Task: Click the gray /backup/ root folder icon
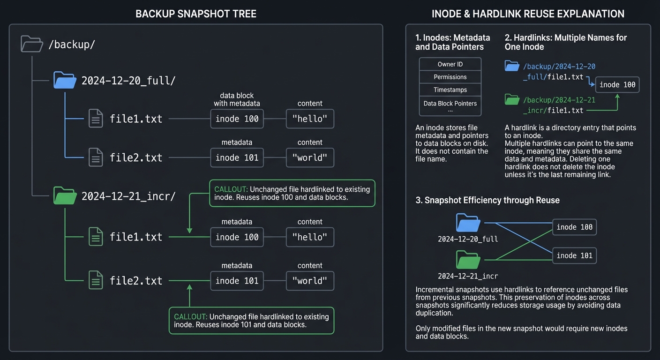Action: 32,44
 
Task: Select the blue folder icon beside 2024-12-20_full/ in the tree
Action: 65,80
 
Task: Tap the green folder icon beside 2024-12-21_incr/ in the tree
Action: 65,195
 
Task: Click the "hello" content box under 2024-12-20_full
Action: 310,119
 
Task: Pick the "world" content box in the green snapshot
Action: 310,281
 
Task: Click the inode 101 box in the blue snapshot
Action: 237,157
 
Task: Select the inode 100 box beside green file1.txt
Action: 237,237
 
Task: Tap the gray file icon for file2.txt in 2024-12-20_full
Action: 96,157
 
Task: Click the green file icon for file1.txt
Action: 96,237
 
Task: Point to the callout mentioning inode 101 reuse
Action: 251,321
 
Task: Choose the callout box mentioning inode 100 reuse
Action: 292,193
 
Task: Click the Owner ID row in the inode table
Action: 450,64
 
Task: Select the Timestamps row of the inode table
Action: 450,90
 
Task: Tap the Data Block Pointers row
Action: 450,104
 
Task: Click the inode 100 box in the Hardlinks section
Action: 617,85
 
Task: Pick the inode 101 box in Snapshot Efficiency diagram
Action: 574,256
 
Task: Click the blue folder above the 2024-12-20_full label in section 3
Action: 468,223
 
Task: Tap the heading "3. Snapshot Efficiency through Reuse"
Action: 487,200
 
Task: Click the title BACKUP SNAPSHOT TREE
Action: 196,14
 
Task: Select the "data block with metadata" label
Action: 237,99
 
